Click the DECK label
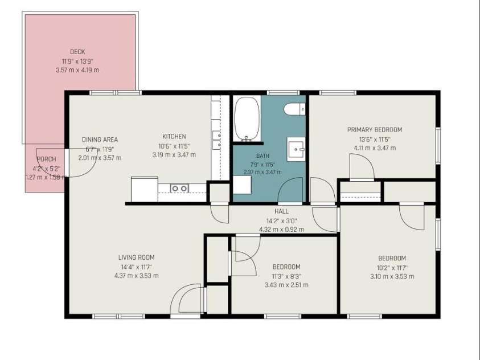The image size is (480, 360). (77, 52)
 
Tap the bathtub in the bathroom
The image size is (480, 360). (247, 119)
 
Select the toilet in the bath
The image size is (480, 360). (294, 109)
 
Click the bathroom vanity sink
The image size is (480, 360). (296, 149)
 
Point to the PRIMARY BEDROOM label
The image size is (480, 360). (375, 130)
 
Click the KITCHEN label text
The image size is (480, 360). (174, 137)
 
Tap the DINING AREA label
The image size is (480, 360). (100, 140)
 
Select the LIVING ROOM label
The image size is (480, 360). (137, 257)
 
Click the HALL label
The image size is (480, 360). (281, 211)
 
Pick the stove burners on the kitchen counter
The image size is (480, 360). (179, 189)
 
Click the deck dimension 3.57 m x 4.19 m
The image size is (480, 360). (77, 70)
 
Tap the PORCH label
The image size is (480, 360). (46, 159)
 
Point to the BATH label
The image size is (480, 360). (262, 156)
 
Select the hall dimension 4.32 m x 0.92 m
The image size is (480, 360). (282, 230)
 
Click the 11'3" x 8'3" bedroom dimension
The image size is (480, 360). (286, 276)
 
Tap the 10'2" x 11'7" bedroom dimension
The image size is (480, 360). (392, 268)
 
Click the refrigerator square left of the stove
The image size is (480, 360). (145, 189)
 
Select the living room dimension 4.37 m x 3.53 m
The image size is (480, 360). (137, 276)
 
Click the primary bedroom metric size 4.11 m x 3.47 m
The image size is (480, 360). (375, 148)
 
